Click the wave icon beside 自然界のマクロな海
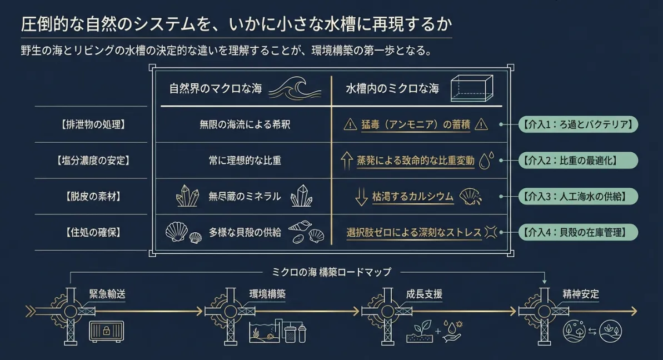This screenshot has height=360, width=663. [x=295, y=88]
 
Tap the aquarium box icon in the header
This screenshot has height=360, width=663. [x=471, y=88]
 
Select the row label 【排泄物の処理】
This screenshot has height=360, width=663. [x=93, y=124]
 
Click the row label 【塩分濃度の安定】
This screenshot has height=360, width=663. [x=93, y=161]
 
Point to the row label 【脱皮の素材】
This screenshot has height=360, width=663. [x=93, y=197]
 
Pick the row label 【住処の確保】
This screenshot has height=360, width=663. [x=93, y=232]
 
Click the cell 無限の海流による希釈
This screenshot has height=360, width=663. [x=245, y=124]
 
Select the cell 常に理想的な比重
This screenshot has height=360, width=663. [x=245, y=161]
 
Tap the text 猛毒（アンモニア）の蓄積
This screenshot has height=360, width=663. [x=416, y=124]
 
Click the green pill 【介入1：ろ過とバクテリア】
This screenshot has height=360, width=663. [x=578, y=124]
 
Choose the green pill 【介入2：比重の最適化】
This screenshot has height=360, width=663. [x=578, y=161]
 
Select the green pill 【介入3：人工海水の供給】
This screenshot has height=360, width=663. [x=578, y=197]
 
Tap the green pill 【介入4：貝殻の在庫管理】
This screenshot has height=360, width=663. [x=578, y=232]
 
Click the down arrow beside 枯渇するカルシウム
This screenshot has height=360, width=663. [x=361, y=197]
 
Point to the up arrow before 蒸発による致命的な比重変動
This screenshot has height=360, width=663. [x=347, y=161]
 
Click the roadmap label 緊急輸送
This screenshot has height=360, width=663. [x=107, y=294]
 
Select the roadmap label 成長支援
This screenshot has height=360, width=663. [x=424, y=294]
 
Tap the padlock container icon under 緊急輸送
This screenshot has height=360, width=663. [x=107, y=331]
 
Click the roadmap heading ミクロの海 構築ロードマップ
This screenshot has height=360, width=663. [x=331, y=272]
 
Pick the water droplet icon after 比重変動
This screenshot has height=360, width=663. [x=486, y=161]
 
